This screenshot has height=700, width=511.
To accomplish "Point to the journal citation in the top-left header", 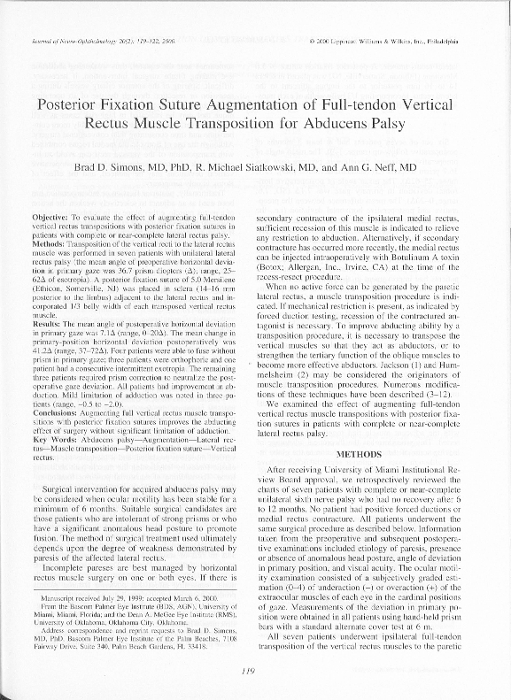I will point(88,41).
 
